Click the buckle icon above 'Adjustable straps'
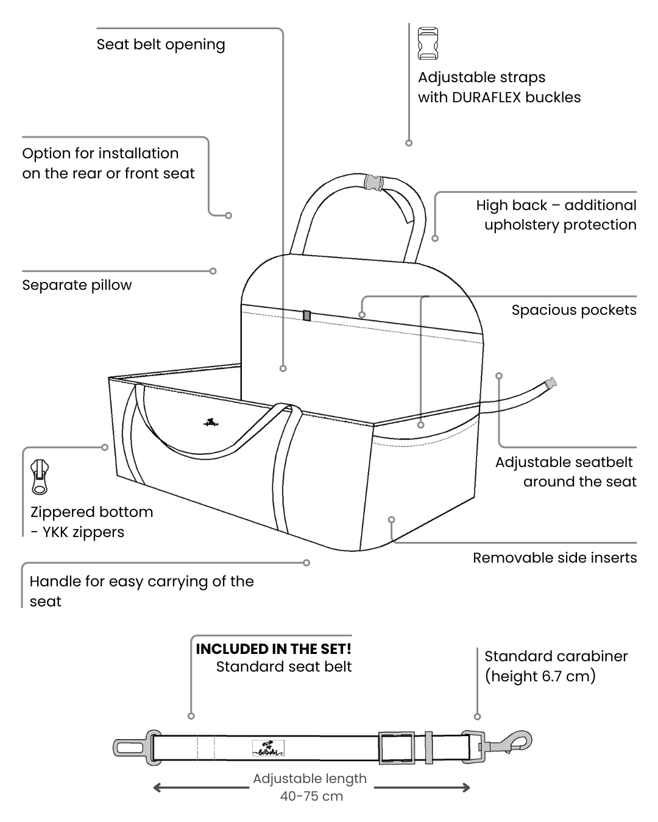428,43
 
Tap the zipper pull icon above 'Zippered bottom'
40,477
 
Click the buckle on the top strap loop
373,182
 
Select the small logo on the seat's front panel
211,422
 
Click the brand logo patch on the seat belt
268,748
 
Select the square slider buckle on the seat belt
396,748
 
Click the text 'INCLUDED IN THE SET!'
274,649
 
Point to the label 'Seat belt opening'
161,44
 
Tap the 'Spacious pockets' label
573,310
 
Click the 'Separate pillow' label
77,285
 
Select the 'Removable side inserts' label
554,558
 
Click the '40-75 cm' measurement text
311,796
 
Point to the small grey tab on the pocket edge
306,315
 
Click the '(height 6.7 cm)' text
540,676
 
